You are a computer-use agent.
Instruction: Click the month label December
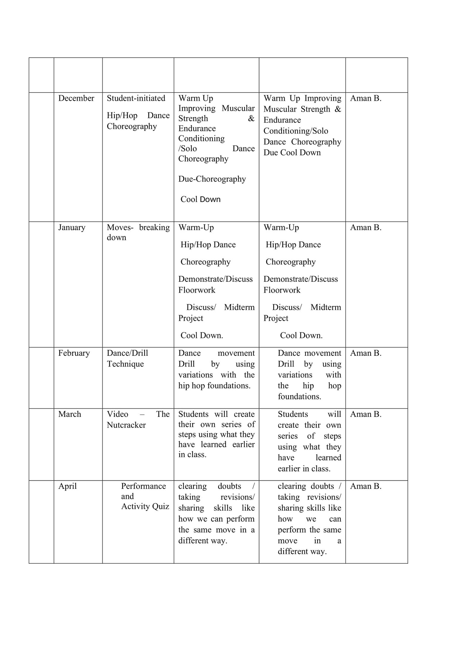coord(76,98)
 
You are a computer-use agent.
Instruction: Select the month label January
coord(72,227)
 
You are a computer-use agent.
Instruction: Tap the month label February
coord(74,353)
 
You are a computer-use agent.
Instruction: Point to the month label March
coord(69,414)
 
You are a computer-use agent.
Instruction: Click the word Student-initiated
coord(136,98)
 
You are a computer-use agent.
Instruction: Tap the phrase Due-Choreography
coord(212,179)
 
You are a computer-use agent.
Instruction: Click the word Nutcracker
coord(126,425)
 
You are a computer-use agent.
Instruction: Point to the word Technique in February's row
coord(125,364)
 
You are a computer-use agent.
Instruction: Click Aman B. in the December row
coord(365,98)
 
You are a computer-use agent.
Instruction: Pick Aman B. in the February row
coord(365,353)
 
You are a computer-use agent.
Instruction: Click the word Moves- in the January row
coord(120,227)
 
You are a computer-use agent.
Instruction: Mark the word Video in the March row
coord(118,414)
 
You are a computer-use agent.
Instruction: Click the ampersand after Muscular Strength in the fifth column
coord(338,109)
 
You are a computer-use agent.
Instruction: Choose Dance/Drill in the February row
coord(127,353)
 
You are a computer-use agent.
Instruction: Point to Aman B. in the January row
coord(365,227)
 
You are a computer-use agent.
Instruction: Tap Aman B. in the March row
coord(365,414)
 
